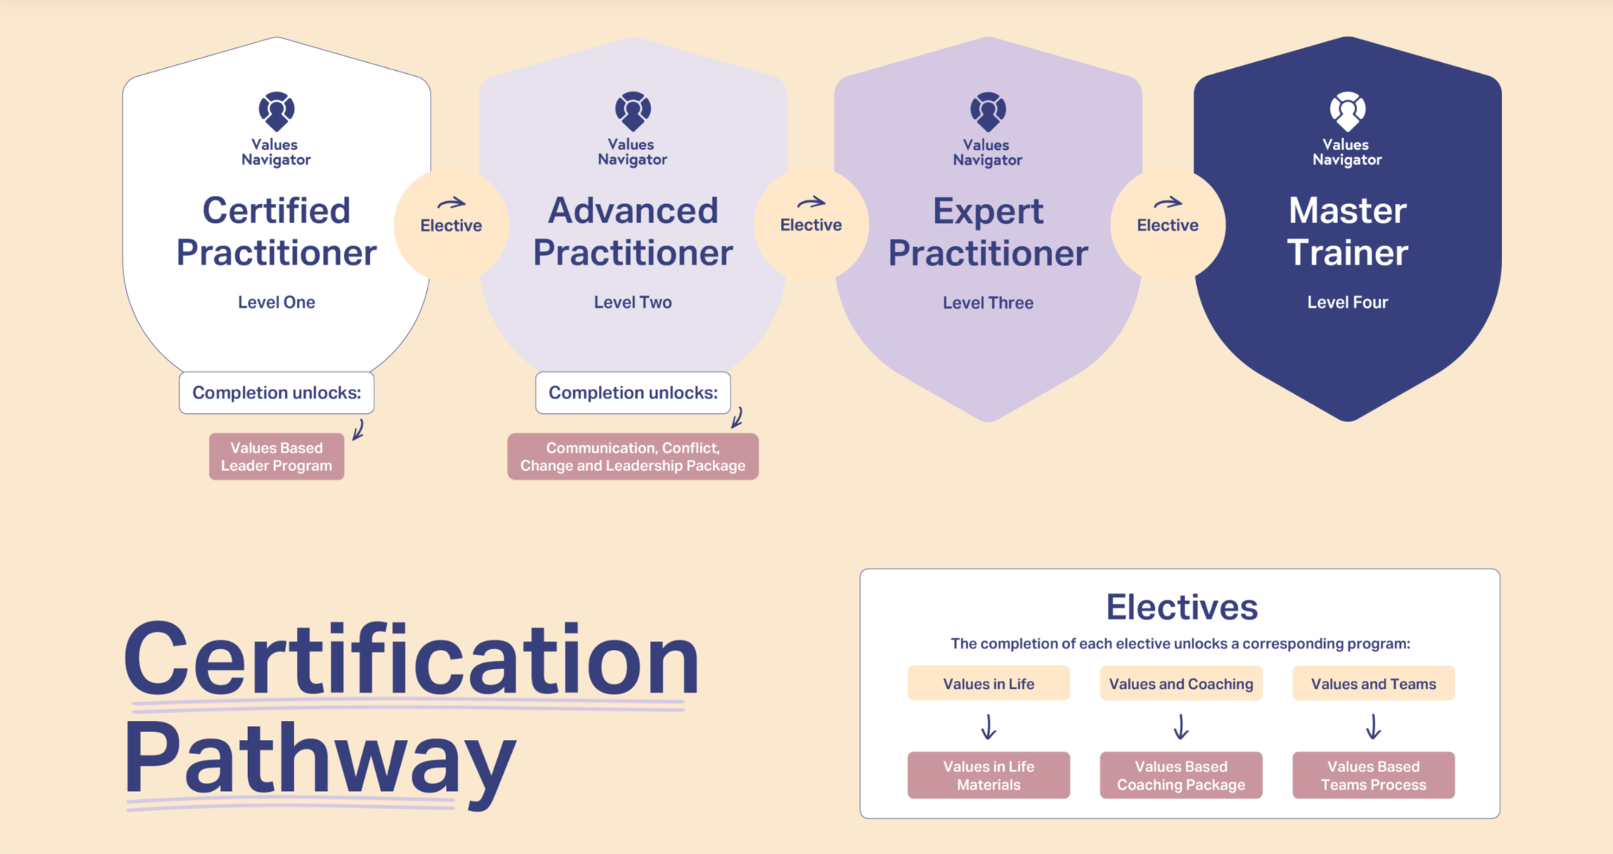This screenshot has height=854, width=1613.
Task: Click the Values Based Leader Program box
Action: point(276,456)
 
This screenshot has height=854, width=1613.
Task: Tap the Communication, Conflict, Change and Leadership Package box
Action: point(632,456)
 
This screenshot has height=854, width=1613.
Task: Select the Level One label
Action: point(276,302)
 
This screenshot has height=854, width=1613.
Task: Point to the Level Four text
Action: point(1347,302)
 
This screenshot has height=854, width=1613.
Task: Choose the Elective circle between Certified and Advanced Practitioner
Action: point(450,224)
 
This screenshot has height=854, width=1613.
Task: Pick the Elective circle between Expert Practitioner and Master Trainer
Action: point(1167,224)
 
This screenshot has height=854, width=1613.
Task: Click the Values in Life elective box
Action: point(988,684)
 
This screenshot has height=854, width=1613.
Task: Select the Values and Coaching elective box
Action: point(1180,684)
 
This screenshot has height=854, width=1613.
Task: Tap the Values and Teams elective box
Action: point(1372,684)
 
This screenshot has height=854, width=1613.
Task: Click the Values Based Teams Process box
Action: point(1372,775)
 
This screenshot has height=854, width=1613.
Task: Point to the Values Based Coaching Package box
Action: point(1180,775)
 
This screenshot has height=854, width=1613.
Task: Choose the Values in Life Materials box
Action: point(988,775)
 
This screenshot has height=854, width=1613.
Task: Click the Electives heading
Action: point(1181,607)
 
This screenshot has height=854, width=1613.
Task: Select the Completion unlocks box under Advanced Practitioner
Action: point(632,393)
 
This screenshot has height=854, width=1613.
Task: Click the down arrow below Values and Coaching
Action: point(1180,728)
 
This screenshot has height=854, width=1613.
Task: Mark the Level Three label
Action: point(988,303)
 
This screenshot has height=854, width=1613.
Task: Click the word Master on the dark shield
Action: point(1347,211)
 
